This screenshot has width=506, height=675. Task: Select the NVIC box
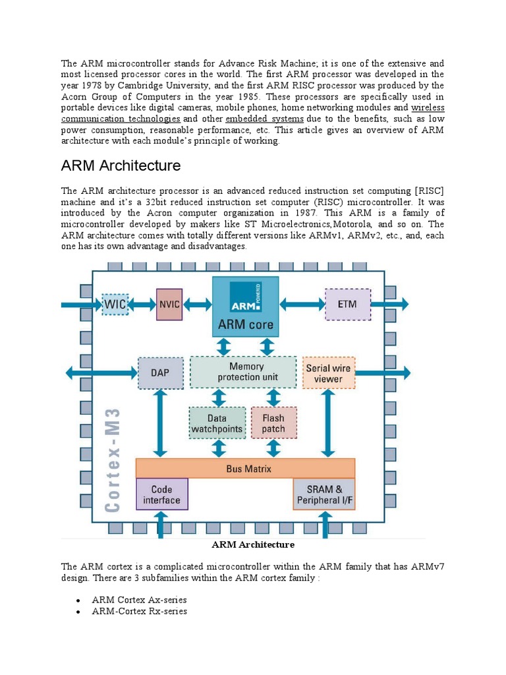(169, 305)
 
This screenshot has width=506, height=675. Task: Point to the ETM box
(348, 304)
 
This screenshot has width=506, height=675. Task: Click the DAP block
(160, 373)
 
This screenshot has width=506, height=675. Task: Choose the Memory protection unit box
(244, 372)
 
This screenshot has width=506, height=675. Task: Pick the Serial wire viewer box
(329, 373)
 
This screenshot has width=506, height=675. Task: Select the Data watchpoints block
(217, 424)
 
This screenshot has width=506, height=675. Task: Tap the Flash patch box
(273, 424)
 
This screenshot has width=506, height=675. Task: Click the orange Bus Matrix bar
(245, 469)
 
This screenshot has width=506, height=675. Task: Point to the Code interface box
(161, 494)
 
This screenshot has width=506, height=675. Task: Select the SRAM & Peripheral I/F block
(324, 494)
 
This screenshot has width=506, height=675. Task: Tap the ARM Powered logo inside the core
(245, 297)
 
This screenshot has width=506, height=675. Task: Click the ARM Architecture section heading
(121, 165)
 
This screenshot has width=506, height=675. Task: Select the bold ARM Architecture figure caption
(252, 544)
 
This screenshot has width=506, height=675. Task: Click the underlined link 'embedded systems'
(264, 119)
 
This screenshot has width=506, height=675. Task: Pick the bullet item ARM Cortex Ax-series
(139, 600)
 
